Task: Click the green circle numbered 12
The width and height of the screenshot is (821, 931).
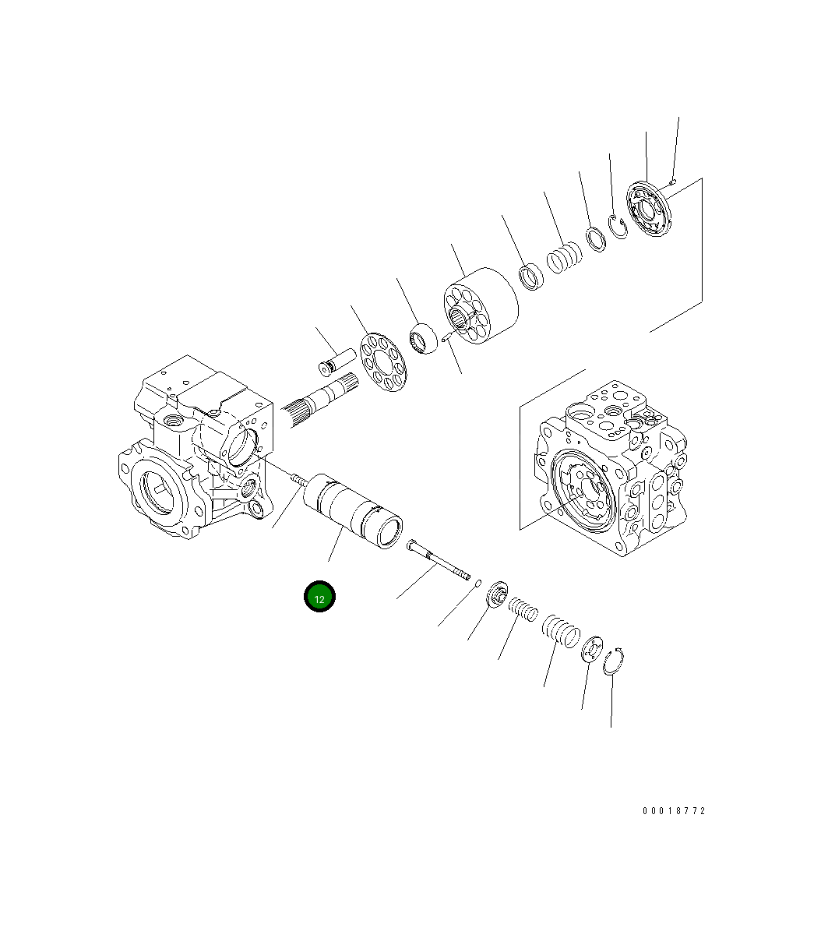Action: coord(319,597)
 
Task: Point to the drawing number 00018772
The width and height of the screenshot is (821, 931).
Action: coord(673,811)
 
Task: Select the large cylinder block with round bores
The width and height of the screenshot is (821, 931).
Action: coord(481,306)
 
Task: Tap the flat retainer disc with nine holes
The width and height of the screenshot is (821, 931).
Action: coord(383,361)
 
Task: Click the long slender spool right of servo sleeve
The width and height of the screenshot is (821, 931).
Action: coord(439,562)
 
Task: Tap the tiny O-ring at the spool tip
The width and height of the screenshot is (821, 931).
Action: coord(478,581)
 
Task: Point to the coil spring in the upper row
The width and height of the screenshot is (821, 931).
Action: coord(563,258)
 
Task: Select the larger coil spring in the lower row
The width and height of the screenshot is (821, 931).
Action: coord(560,629)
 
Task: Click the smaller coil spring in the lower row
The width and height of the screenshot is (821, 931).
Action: coord(523,608)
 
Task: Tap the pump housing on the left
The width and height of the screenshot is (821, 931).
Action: coord(195,452)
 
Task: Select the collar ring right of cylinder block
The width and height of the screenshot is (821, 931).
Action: coord(532,277)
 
